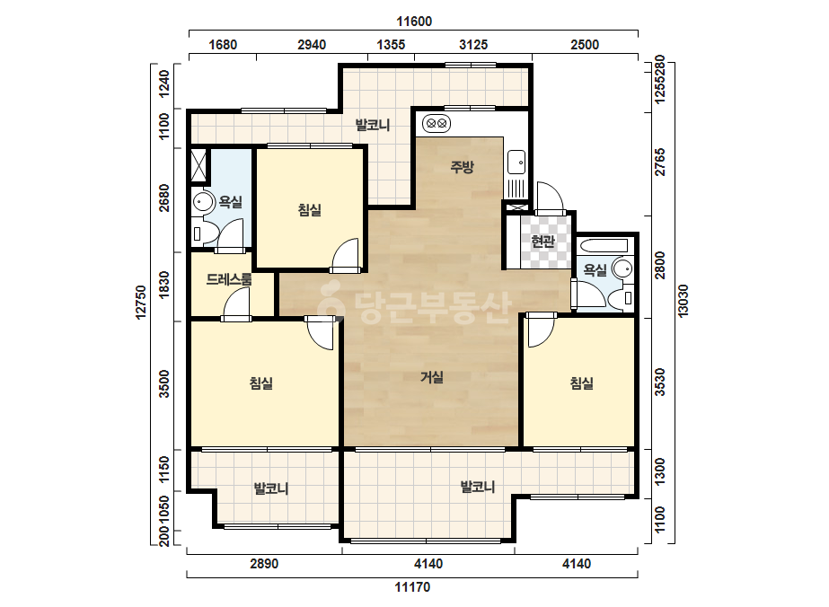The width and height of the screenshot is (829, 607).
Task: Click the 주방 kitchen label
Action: point(462,167)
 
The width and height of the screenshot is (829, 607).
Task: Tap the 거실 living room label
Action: point(431,377)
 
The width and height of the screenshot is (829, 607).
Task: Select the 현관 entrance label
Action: point(542,242)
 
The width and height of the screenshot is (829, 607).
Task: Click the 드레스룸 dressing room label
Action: point(229,279)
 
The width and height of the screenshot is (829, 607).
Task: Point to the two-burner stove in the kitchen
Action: point(437,124)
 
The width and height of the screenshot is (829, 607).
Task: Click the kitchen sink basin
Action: point(516,162)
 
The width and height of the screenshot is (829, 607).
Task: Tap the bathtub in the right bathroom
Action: point(604,245)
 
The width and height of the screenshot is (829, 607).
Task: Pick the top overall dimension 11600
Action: point(414,22)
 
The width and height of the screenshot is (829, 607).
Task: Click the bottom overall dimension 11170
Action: point(412,587)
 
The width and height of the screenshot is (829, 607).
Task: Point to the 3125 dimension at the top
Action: point(472,44)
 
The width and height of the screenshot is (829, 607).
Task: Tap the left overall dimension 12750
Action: point(141,303)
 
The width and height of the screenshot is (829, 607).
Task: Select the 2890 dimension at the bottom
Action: point(264,564)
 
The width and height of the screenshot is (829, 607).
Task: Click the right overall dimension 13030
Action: point(683,301)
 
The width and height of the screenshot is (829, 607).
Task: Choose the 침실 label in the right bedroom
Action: point(582,383)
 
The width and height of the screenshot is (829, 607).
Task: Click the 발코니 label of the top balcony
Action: point(372,126)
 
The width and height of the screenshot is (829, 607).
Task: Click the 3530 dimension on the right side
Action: point(660,382)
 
